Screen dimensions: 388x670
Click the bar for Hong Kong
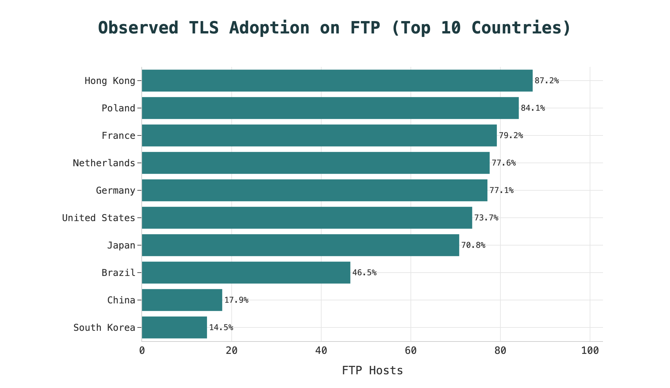point(337,81)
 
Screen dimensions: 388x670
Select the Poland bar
point(330,108)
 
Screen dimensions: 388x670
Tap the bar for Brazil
point(246,273)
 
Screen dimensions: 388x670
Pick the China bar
point(182,300)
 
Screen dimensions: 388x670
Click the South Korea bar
point(174,327)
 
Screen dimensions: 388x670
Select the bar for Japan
point(300,245)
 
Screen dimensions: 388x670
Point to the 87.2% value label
point(547,81)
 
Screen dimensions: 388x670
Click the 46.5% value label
point(364,273)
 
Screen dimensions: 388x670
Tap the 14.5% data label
point(221,327)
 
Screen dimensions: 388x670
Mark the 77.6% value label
point(504,163)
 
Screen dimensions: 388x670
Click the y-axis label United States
point(99,218)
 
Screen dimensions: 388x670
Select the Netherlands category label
point(104,163)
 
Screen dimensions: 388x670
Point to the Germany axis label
point(116,191)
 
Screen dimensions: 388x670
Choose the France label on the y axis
point(119,136)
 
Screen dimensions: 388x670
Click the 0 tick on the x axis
point(142,351)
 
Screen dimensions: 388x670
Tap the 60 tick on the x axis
point(411,351)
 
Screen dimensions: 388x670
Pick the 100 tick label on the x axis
point(590,351)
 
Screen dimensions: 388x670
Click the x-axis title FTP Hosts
point(372,371)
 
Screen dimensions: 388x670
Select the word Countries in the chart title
point(517,28)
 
